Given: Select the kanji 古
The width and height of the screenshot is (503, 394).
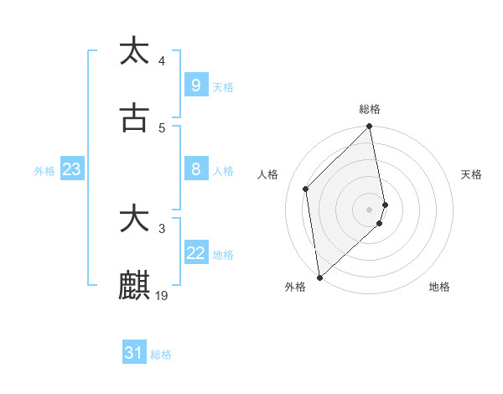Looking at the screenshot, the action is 134,119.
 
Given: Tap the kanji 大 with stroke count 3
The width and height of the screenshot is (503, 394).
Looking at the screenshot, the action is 134,220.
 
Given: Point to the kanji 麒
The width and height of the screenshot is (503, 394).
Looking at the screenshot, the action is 134,286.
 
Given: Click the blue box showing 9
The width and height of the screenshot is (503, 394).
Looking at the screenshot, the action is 195,85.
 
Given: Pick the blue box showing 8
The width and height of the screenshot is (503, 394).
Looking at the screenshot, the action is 195,169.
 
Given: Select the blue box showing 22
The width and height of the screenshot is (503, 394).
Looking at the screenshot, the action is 195,253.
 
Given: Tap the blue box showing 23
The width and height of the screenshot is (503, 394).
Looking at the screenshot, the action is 71,169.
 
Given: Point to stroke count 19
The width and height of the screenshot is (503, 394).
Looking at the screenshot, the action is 163,295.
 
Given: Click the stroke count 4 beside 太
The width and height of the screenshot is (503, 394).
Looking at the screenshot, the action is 162,60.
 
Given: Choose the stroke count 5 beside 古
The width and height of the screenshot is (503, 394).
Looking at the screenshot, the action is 162,127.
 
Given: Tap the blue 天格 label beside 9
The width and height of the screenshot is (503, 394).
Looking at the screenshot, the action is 223,86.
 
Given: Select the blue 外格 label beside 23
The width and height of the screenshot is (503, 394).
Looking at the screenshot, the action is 44,170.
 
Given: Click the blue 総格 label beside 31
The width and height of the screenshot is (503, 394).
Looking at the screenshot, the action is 161,355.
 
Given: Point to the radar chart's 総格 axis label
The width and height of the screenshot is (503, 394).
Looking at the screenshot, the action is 370,109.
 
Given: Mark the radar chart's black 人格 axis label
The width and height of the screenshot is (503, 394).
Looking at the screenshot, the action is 267,174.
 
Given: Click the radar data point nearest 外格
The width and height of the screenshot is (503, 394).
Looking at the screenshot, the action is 319,277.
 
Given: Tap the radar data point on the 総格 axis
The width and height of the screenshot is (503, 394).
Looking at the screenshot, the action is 370,127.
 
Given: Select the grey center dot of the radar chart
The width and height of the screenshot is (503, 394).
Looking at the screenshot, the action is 370,209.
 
